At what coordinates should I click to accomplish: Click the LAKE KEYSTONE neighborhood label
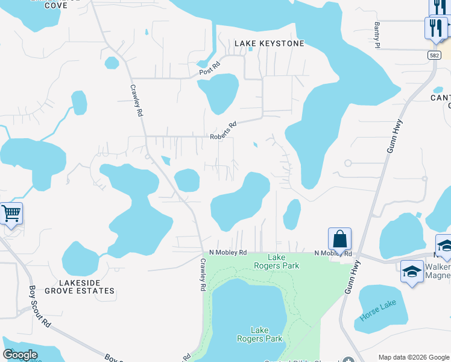pyautogui.click(x=269, y=43)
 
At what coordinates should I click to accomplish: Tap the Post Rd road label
pyautogui.click(x=210, y=71)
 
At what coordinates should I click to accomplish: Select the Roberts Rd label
pyautogui.click(x=223, y=131)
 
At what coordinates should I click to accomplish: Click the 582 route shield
pyautogui.click(x=434, y=55)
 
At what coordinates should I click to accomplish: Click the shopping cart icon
pyautogui.click(x=11, y=214)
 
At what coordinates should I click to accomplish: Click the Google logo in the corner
pyautogui.click(x=20, y=355)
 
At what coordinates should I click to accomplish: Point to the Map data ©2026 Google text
pyautogui.click(x=414, y=357)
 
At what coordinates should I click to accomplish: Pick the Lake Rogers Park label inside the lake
pyautogui.click(x=259, y=334)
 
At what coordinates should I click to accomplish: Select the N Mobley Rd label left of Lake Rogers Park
pyautogui.click(x=228, y=252)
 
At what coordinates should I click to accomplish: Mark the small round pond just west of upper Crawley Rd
pyautogui.click(x=112, y=63)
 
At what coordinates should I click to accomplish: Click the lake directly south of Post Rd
pyautogui.click(x=219, y=92)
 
